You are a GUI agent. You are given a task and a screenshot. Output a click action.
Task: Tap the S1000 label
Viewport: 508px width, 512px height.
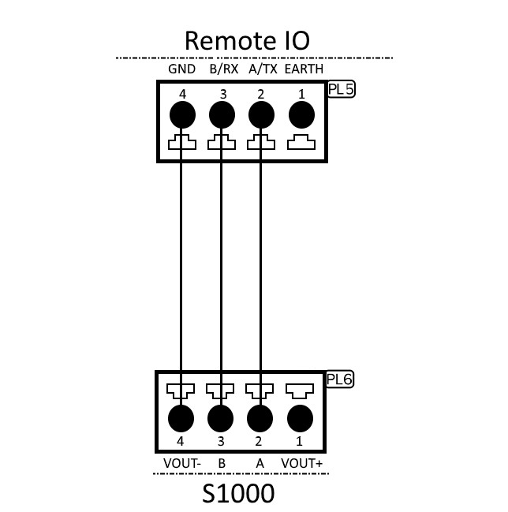[x=238, y=494]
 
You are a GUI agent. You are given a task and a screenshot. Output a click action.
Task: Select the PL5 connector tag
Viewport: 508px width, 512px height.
[x=341, y=89]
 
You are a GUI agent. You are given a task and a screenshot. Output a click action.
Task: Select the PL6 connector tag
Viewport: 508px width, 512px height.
[x=339, y=379]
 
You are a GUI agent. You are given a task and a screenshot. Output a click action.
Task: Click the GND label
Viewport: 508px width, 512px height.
[x=181, y=69]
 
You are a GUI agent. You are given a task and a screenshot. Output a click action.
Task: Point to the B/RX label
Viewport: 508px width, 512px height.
[x=222, y=69]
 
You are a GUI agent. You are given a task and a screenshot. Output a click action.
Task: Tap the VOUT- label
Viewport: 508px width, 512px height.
[x=181, y=463]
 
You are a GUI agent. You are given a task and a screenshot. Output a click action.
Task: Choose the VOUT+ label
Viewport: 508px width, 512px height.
[x=302, y=463]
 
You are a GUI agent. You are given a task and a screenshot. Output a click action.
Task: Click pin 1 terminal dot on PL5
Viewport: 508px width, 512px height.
[x=301, y=117]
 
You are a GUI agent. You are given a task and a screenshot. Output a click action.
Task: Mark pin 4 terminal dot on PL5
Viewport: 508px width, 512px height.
[x=182, y=117]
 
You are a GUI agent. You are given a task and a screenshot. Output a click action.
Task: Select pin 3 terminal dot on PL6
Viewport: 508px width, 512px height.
[x=221, y=417]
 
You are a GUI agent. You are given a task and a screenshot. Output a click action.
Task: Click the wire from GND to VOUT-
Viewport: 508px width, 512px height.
[x=182, y=268]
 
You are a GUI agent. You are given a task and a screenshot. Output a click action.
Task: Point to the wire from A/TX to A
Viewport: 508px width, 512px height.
[x=260, y=268]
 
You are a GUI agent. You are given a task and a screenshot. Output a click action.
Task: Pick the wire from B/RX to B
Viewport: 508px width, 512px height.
[x=221, y=268]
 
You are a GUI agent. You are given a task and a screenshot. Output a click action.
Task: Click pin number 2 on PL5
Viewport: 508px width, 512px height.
[x=261, y=94]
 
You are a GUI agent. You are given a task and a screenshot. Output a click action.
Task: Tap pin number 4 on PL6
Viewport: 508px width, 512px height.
[x=181, y=442]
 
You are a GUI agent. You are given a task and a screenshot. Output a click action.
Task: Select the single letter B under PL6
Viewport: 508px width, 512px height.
[x=222, y=463]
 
